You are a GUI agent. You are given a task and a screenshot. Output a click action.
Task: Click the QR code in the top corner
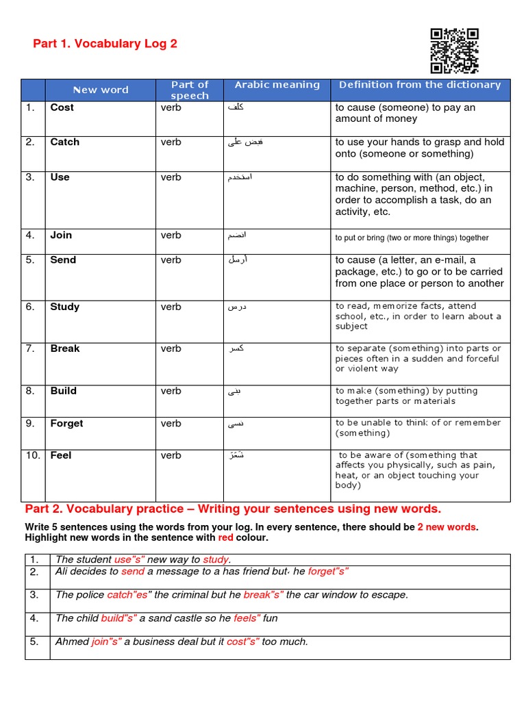point(454,51)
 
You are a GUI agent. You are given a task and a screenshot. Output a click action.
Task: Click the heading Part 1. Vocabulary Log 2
point(105,44)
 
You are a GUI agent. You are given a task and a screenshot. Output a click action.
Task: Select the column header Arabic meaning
point(277,85)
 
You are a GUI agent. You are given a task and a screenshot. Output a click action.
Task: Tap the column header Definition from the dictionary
point(420,85)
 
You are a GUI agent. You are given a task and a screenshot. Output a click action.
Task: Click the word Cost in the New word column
point(62,107)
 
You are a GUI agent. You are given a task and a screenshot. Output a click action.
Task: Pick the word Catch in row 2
point(64,142)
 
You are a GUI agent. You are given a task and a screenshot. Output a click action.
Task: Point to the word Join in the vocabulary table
point(61,235)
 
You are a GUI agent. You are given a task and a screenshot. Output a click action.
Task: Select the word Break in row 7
point(64,348)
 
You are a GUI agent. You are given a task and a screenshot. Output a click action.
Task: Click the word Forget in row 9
point(66,423)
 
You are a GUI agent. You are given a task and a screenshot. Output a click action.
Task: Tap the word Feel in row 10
point(60,455)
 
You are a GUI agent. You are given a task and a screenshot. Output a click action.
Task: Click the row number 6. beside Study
point(30,307)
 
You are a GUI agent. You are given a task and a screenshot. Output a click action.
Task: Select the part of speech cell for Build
point(171,391)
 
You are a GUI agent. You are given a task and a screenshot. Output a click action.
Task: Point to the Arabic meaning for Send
point(238,260)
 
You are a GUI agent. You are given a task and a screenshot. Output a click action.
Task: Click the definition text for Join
point(412,238)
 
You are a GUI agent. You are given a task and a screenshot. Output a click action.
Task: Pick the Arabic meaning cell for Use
point(240,177)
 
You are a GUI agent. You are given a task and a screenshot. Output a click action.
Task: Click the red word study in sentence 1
point(216,560)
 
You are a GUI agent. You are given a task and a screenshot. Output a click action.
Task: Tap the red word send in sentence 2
point(133,572)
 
